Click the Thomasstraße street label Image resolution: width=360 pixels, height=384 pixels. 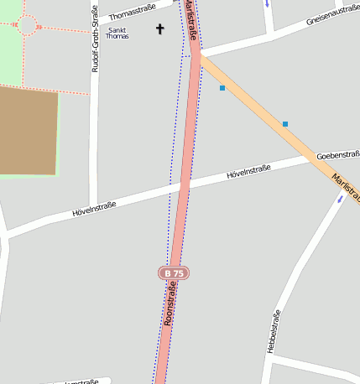(x=133, y=12)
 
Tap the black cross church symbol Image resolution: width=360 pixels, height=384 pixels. (x=160, y=29)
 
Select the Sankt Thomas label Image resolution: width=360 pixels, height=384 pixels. (x=117, y=33)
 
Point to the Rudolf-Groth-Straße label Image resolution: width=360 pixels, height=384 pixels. (x=95, y=40)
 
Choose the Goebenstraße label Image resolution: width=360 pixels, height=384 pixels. (x=338, y=155)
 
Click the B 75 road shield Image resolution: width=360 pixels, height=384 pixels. (x=174, y=273)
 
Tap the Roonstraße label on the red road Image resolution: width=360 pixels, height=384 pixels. (x=170, y=303)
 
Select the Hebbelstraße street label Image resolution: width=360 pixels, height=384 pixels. (x=273, y=330)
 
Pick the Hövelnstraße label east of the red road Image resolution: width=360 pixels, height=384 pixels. (x=248, y=172)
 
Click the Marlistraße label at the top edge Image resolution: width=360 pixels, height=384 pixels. (x=190, y=20)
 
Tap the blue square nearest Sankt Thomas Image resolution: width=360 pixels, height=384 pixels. (x=222, y=87)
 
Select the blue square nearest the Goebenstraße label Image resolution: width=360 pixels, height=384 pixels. (x=285, y=124)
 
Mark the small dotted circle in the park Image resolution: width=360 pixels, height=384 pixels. (x=26, y=26)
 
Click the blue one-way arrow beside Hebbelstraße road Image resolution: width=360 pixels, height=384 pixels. (x=341, y=199)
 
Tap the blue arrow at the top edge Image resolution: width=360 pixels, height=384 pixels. (x=267, y=3)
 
